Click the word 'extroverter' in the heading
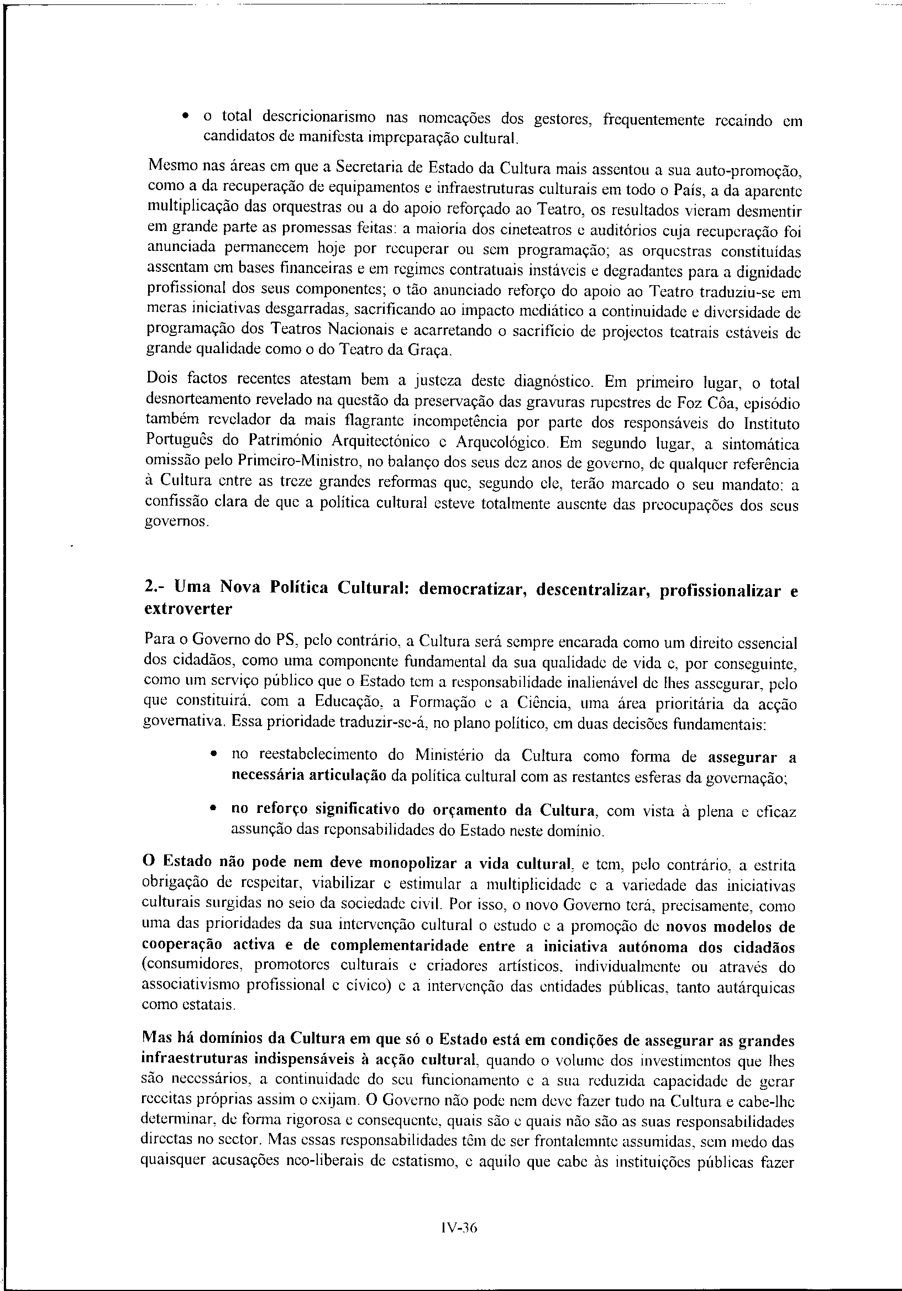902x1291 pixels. click(x=188, y=608)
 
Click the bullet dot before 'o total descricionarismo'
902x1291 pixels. click(x=185, y=117)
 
